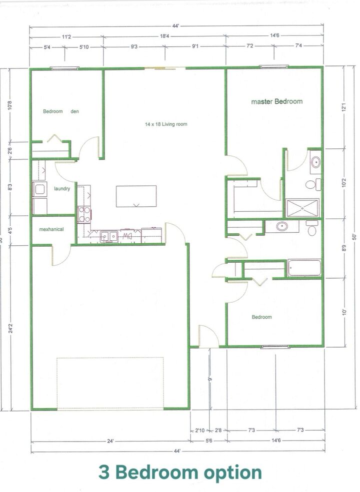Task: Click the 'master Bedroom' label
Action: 276,101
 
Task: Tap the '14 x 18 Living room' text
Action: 166,124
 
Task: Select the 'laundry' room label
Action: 62,188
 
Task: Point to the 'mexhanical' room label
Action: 52,230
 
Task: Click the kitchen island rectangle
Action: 136,196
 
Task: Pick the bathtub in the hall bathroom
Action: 304,267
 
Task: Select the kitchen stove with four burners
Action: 84,214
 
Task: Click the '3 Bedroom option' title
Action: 180,472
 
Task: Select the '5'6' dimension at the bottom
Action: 208,441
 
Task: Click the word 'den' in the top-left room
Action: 74,111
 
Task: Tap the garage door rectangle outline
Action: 110,383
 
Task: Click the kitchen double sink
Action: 109,236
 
